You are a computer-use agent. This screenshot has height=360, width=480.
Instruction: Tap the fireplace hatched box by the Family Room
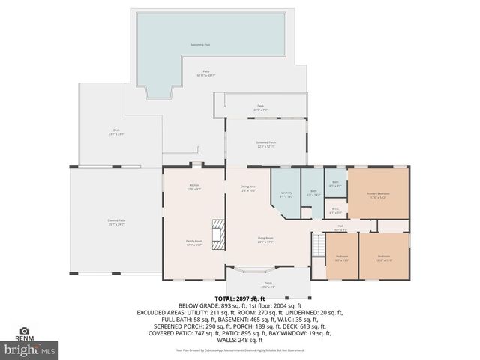217,233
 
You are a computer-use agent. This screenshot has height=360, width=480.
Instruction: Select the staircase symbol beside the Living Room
319,244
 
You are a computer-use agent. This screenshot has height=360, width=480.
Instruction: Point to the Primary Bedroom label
378,195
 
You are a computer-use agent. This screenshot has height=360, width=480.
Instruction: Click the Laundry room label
286,194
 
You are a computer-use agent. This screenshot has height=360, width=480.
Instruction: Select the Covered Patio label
116,222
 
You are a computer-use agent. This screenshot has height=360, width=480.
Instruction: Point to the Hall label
340,227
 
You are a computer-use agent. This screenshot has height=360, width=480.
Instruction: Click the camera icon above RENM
25,330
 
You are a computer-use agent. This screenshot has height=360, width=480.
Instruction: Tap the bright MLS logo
30,349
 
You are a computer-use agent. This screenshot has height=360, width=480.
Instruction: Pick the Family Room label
194,242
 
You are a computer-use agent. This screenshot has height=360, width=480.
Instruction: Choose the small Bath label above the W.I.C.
335,183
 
